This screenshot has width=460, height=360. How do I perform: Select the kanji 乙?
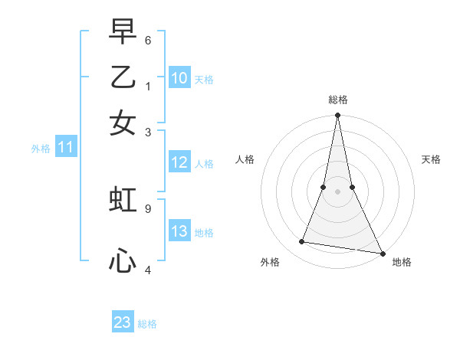[123, 77]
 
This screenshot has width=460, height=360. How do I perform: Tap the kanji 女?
[123, 123]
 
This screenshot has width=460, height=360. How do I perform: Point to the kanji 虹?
[123, 200]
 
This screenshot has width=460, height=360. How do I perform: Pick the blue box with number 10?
[179, 78]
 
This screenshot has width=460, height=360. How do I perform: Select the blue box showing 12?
[179, 162]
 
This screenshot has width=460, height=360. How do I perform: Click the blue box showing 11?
[65, 147]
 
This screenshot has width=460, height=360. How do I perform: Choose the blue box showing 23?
[122, 322]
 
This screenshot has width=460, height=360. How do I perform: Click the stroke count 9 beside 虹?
[147, 207]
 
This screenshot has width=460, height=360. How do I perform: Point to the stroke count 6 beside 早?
[147, 39]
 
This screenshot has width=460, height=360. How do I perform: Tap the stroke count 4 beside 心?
[147, 269]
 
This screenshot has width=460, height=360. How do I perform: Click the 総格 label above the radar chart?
[337, 100]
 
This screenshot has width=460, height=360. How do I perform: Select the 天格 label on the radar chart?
[432, 159]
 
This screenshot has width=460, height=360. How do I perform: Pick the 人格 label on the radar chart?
[245, 159]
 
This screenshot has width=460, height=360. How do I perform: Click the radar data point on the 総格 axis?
[337, 116]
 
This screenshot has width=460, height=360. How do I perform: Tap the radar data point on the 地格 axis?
[382, 253]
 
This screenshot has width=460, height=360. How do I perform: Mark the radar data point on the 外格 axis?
[302, 242]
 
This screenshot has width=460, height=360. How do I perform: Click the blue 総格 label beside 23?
[147, 324]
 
